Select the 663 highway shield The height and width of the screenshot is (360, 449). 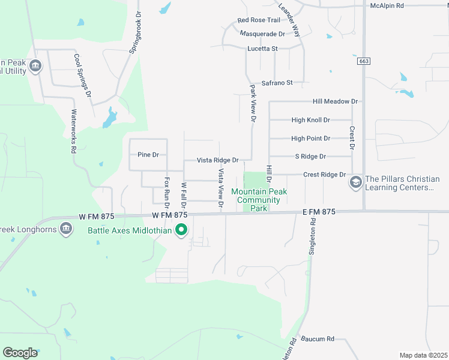click(363, 61)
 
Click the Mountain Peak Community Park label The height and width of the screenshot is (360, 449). click(259, 200)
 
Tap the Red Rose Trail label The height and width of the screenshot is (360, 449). click(259, 20)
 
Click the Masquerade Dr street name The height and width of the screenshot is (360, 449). click(262, 34)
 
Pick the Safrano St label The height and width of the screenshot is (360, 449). click(277, 83)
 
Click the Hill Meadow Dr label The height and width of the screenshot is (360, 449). click(336, 102)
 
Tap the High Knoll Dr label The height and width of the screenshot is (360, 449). click(311, 120)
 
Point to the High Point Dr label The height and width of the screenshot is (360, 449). click(311, 139)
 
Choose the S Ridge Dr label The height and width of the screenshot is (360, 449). click(310, 157)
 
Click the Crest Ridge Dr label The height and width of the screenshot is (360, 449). click(325, 175)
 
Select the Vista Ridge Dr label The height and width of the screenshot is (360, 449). click(218, 161)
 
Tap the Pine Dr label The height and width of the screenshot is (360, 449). click(148, 155)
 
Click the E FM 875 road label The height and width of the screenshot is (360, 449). click(319, 212)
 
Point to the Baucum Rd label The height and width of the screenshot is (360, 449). click(318, 339)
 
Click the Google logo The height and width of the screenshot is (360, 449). click(20, 353)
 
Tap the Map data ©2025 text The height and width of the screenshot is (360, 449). click(423, 355)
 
